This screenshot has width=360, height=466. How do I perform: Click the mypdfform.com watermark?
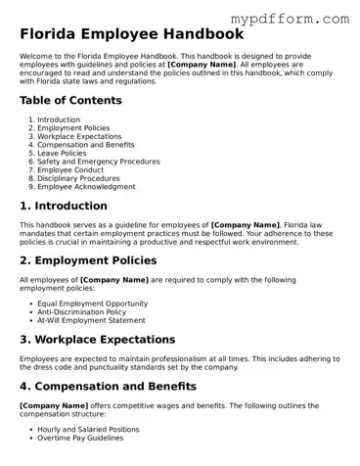point(290,18)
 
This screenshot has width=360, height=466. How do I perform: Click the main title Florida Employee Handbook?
point(131,33)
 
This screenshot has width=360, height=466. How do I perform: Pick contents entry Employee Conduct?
point(71,169)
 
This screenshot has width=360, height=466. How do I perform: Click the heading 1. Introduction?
point(64,207)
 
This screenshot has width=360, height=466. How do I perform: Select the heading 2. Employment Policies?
point(88,260)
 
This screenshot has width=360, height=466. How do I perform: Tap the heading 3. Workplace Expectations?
point(97,340)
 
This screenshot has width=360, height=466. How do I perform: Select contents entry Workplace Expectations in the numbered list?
point(78,136)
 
